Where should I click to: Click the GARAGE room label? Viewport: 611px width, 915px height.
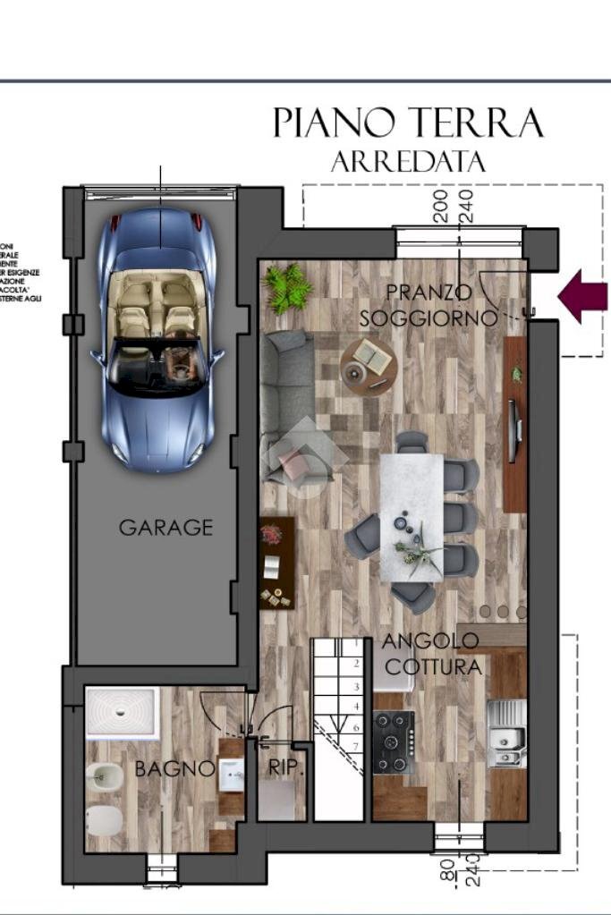(166, 528)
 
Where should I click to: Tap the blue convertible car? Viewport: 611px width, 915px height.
(157, 340)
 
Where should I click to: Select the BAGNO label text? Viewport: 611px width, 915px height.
(174, 768)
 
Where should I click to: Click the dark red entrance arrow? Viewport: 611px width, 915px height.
(582, 296)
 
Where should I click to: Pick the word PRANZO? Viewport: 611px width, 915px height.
(429, 292)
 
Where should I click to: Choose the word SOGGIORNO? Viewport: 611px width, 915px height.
(429, 318)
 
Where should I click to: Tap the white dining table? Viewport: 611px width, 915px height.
(411, 517)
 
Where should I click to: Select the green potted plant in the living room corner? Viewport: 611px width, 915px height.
(287, 288)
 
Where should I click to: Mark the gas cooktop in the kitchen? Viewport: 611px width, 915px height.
(394, 741)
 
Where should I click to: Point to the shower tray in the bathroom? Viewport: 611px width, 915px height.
(123, 712)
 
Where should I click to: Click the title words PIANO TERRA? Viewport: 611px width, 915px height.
(408, 124)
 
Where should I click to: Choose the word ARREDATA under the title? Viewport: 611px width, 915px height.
(408, 162)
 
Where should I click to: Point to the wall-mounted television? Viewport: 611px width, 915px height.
(513, 431)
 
